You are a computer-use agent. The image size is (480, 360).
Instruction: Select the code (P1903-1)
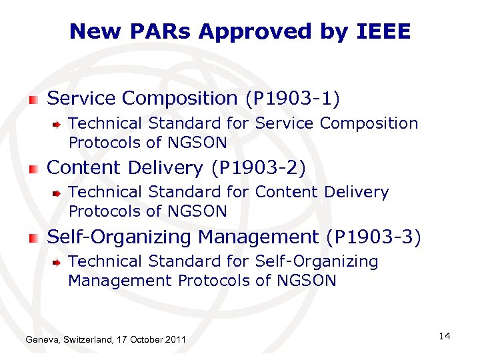pyautogui.click(x=293, y=99)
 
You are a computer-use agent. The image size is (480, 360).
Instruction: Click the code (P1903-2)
pyautogui.click(x=258, y=168)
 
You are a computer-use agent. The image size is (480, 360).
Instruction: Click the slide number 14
pyautogui.click(x=445, y=336)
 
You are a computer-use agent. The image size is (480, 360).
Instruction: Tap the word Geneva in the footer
pyautogui.click(x=41, y=341)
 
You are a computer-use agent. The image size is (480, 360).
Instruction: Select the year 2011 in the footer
pyautogui.click(x=175, y=341)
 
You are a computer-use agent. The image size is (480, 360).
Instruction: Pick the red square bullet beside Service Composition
pyautogui.click(x=34, y=100)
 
